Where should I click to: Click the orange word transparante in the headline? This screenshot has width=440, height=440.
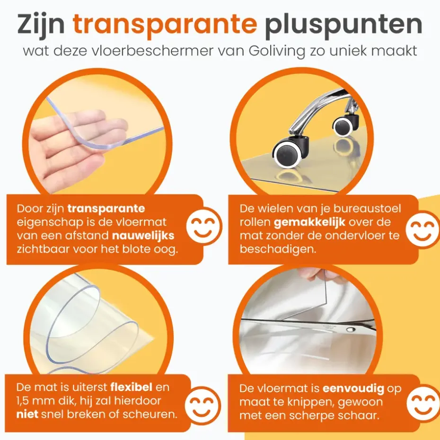(165, 25)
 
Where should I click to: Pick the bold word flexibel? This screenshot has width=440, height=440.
(132, 387)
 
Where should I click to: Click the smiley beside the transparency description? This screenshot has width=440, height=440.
(203, 226)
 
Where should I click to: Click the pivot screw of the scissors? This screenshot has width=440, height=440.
(350, 329)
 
